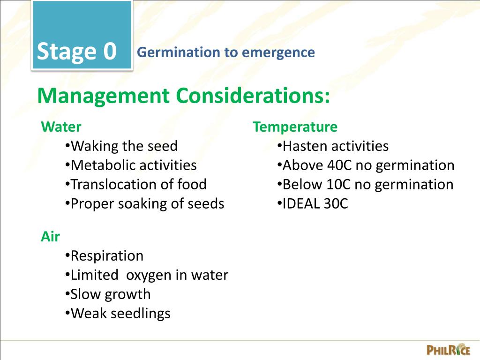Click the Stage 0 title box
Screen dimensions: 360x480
[82, 37]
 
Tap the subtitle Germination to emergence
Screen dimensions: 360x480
[225, 52]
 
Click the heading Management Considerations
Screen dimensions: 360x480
[184, 96]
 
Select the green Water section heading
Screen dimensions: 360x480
[61, 127]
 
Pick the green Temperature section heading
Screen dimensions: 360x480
[295, 127]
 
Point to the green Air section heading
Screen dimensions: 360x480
[50, 237]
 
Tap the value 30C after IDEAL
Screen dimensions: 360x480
[336, 204]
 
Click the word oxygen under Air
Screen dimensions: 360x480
[149, 275]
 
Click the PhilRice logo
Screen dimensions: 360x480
[448, 349]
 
